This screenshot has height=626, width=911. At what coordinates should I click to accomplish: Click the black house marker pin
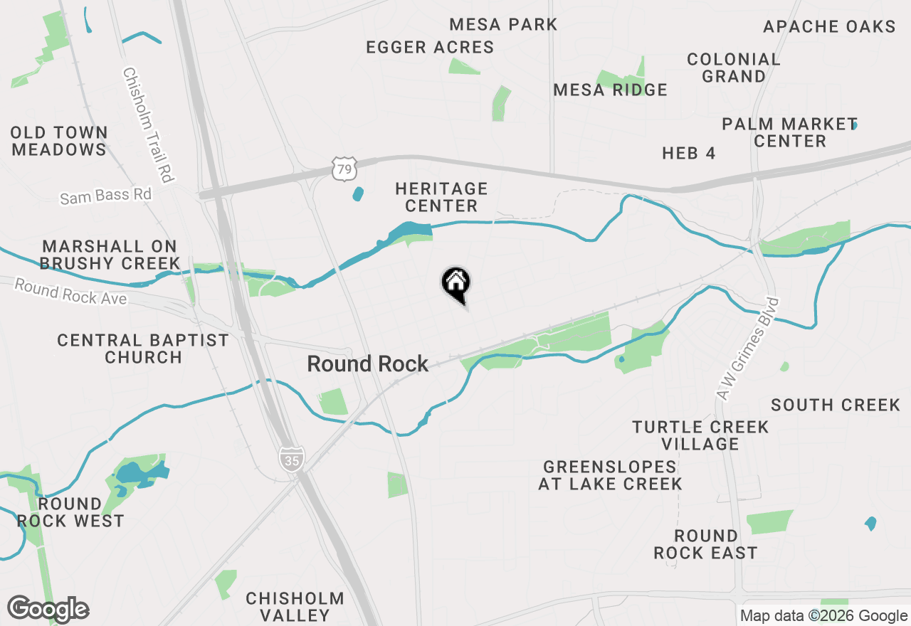coord(456,285)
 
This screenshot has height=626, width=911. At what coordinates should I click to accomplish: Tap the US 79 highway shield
coord(343,169)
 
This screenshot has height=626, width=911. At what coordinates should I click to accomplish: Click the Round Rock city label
coord(368,364)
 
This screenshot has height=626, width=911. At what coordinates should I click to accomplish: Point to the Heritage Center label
coord(441,197)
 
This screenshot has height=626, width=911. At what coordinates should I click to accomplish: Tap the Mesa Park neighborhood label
coord(504,25)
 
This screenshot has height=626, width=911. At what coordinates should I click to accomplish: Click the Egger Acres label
coord(430,48)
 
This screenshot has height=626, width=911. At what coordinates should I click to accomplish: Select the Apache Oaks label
coord(829,27)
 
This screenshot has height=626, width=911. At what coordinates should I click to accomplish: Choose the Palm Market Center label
coord(789,132)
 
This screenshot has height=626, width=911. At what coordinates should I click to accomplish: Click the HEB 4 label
coord(688,154)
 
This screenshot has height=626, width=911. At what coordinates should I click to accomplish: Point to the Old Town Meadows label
coord(59,141)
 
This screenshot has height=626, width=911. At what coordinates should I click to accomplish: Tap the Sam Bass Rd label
coord(106,196)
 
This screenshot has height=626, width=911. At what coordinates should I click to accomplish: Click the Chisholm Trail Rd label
coord(149,125)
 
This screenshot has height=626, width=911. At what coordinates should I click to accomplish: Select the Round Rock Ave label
coord(70,292)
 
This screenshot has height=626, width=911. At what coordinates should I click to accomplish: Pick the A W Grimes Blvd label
coord(749,349)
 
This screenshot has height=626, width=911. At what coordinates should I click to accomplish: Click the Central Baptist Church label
coord(143,349)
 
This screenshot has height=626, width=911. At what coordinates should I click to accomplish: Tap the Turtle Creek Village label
coord(700,435)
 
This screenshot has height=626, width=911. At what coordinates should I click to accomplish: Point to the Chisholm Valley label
coord(295,607)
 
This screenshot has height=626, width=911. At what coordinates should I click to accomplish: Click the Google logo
coord(48,609)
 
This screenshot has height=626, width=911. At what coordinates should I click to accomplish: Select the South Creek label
coord(836,405)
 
